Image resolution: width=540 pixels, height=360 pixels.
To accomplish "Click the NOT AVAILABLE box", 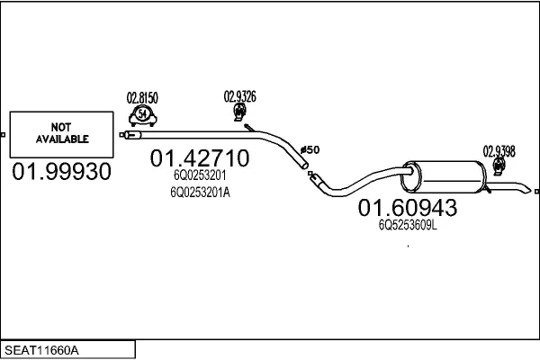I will [61, 134].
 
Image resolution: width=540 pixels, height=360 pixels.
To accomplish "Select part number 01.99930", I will [61, 172].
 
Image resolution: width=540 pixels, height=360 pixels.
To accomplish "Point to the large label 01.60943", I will [409, 208].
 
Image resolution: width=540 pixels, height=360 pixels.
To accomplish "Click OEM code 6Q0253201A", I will [200, 192].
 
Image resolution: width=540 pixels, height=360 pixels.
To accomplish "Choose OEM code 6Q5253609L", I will [409, 226].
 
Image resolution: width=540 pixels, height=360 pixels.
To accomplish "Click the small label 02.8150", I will [142, 97].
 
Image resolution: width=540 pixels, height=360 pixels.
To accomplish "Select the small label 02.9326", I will [239, 96].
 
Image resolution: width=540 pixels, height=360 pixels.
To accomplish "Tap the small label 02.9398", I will [499, 151].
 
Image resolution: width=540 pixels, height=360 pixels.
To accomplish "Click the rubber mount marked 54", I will [142, 113].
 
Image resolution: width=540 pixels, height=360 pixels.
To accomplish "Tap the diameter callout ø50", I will [309, 149].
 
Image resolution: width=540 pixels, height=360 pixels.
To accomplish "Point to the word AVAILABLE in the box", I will [62, 139].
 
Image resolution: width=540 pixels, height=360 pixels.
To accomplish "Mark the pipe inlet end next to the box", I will [126, 135].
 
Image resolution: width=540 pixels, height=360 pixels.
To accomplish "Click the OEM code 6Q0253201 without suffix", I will [200, 176].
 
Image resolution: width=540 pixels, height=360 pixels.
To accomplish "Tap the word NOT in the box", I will [62, 128].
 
